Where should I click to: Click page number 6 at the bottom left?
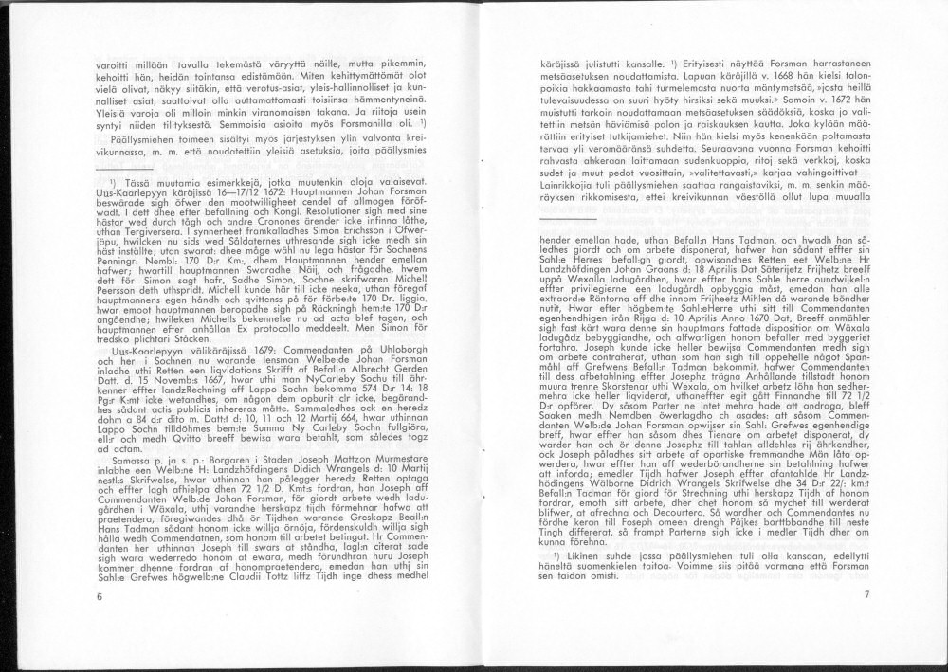coord(99,595)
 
